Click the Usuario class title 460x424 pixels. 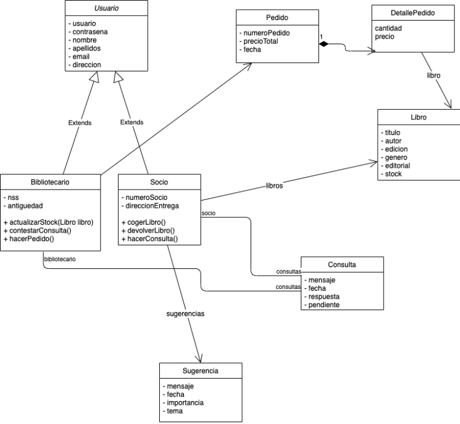(x=106, y=8)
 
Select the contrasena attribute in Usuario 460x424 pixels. (x=90, y=31)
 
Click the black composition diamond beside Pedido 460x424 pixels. (x=324, y=44)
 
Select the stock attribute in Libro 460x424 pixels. (x=393, y=174)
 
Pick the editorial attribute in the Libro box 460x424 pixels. (x=397, y=165)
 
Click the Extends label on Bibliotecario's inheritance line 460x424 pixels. (x=80, y=122)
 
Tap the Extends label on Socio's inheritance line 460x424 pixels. (x=132, y=122)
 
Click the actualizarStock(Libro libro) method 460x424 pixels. (x=49, y=222)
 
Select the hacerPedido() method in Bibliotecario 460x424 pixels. (x=31, y=239)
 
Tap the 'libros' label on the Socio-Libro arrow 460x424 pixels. (x=274, y=185)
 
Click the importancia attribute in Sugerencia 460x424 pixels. (x=186, y=403)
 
